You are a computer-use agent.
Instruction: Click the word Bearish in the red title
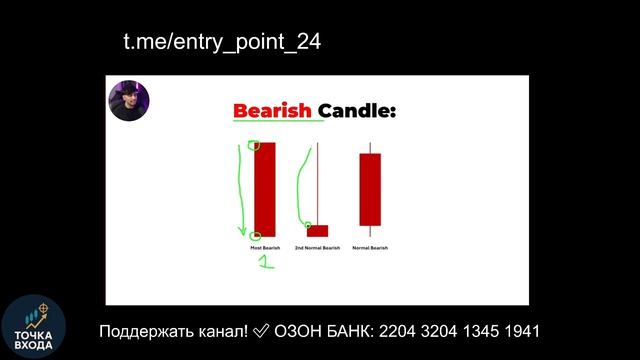273,110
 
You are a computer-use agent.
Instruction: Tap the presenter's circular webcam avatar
130,100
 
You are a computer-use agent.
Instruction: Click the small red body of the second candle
317,231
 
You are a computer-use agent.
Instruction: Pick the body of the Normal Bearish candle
370,190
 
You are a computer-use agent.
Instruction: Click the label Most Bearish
264,247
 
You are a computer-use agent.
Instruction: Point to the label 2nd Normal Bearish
317,247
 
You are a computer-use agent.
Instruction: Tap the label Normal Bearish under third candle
370,247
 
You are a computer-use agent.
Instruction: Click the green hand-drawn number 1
266,263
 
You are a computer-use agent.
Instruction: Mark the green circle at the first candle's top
254,146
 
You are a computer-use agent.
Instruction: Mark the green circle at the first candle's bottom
257,236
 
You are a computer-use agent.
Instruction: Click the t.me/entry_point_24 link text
222,42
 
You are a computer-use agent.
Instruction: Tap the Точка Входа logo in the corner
33,326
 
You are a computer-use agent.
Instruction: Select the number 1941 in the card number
519,331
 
